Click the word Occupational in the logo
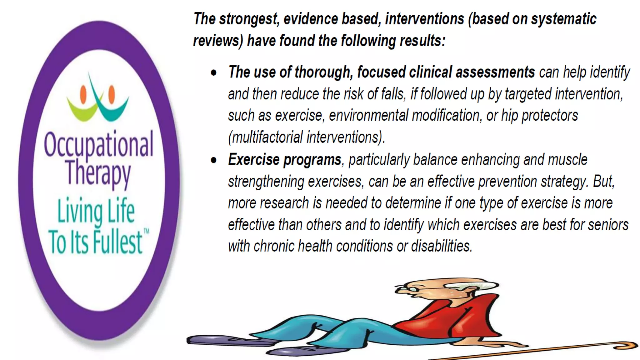98,145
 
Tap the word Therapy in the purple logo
98,173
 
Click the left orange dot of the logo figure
83,94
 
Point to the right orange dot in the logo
112,94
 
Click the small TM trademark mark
146,232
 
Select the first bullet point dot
214,73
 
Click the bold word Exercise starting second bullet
254,160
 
